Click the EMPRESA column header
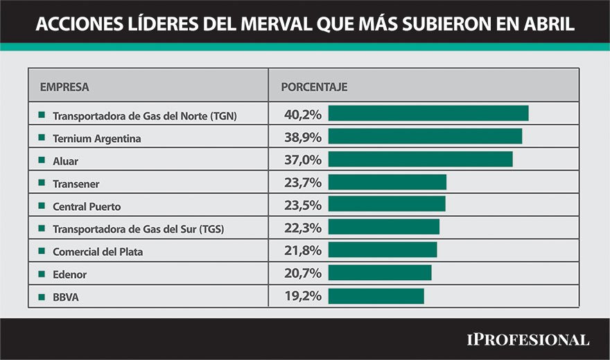pyautogui.click(x=64, y=87)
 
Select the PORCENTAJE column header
pyautogui.click(x=314, y=87)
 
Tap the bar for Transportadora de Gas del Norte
pyautogui.click(x=428, y=113)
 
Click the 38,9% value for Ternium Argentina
pyautogui.click(x=303, y=137)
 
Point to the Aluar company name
pyautogui.click(x=65, y=161)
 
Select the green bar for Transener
pyautogui.click(x=387, y=182)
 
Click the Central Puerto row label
pyautogui.click(x=87, y=206)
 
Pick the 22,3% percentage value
pyautogui.click(x=303, y=228)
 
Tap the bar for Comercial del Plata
pyautogui.click(x=383, y=250)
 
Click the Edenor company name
pyautogui.click(x=69, y=275)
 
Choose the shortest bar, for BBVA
pyautogui.click(x=376, y=296)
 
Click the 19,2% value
pyautogui.click(x=303, y=295)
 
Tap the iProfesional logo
pyautogui.click(x=528, y=340)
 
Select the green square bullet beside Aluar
pyautogui.click(x=42, y=160)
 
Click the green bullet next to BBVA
pyautogui.click(x=42, y=297)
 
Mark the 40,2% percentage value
pyautogui.click(x=303, y=114)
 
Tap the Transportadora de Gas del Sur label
pyautogui.click(x=139, y=229)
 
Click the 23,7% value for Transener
pyautogui.click(x=303, y=182)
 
